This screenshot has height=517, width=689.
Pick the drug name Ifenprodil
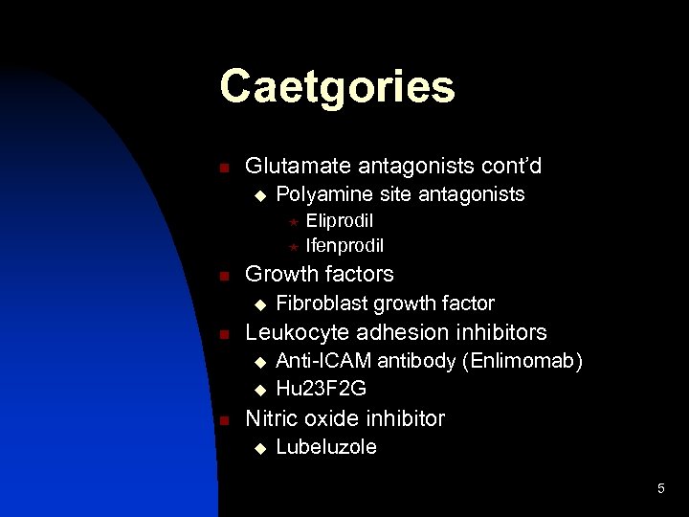click(x=344, y=246)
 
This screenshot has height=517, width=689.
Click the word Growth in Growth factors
click(x=280, y=274)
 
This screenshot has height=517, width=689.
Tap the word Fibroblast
click(x=322, y=303)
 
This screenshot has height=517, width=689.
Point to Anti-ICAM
click(x=324, y=361)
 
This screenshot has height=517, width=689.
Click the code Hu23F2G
click(x=321, y=388)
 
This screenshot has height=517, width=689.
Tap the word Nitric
click(x=273, y=417)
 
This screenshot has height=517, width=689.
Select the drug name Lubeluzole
click(x=325, y=447)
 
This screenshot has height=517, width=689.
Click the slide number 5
click(x=660, y=489)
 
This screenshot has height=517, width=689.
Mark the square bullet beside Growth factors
click(x=223, y=276)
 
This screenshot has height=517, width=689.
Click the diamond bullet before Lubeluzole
click(x=257, y=448)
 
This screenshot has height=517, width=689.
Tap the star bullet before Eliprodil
click(x=294, y=223)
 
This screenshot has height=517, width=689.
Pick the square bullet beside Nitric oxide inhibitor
click(x=223, y=419)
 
